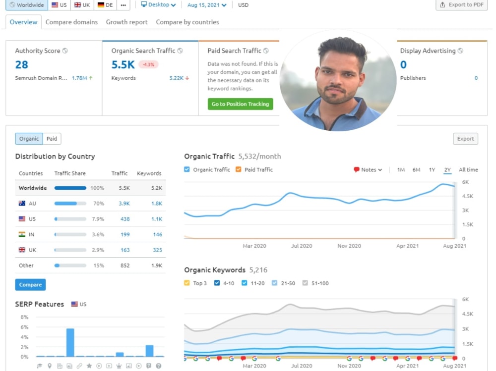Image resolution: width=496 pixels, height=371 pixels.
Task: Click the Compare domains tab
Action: pos(71,22)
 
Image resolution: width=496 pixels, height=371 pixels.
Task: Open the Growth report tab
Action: pos(126,22)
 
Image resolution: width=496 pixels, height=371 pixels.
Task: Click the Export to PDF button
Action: pos(462,5)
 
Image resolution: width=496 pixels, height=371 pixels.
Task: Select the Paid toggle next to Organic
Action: pos(52,139)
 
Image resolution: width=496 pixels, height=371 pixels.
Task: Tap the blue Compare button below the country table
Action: pos(30,285)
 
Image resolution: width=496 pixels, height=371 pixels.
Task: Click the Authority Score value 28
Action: pos(21,65)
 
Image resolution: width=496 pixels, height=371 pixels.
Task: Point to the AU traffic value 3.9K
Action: pos(124,204)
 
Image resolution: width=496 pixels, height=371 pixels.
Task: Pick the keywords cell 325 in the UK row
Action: pos(158,250)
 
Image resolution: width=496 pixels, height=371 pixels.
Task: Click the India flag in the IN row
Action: pos(22,234)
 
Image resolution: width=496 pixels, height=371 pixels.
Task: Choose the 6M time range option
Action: pos(416,170)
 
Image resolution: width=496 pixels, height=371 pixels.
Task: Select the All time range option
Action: pos(468,170)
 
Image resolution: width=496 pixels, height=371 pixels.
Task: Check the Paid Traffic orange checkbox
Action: pos(238,169)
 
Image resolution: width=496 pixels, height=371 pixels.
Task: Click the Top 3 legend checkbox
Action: pos(187,283)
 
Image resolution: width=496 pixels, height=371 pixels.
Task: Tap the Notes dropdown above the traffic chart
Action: pos(368,170)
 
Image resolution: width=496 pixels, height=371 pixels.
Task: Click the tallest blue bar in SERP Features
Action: pos(70,343)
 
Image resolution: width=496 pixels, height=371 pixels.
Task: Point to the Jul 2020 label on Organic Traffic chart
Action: pos(302,246)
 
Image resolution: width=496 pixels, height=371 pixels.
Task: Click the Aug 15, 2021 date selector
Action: pos(207,5)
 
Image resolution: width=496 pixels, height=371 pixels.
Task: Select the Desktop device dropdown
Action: pos(158,5)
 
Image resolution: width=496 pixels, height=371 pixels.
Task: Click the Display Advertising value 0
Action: pos(403,65)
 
